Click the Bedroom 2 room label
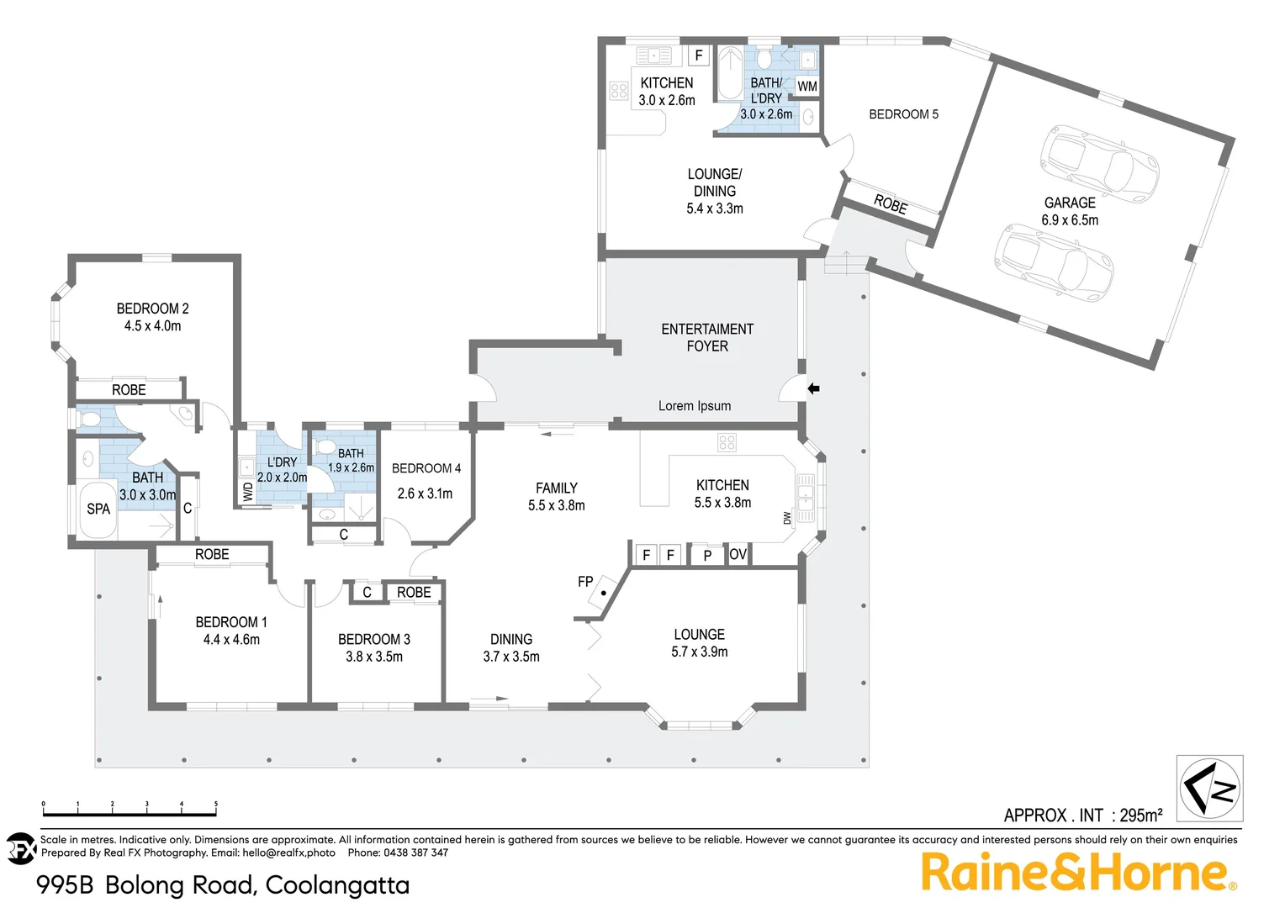pos(152,309)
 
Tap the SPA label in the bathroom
pos(98,509)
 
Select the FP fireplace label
pos(585,581)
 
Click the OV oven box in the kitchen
pos(738,554)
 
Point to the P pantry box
pos(707,555)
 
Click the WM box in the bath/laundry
pos(806,86)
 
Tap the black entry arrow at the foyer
pos(813,388)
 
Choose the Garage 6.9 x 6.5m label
pos(1070,211)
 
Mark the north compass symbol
pos(1209,788)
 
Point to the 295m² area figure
pos(1141,815)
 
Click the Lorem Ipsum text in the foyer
pos(695,405)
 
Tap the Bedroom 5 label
pos(903,113)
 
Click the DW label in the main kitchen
pos(787,518)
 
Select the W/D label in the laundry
pos(248,492)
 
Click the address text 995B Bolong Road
pos(223,884)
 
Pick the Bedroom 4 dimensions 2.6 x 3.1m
pos(425,494)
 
